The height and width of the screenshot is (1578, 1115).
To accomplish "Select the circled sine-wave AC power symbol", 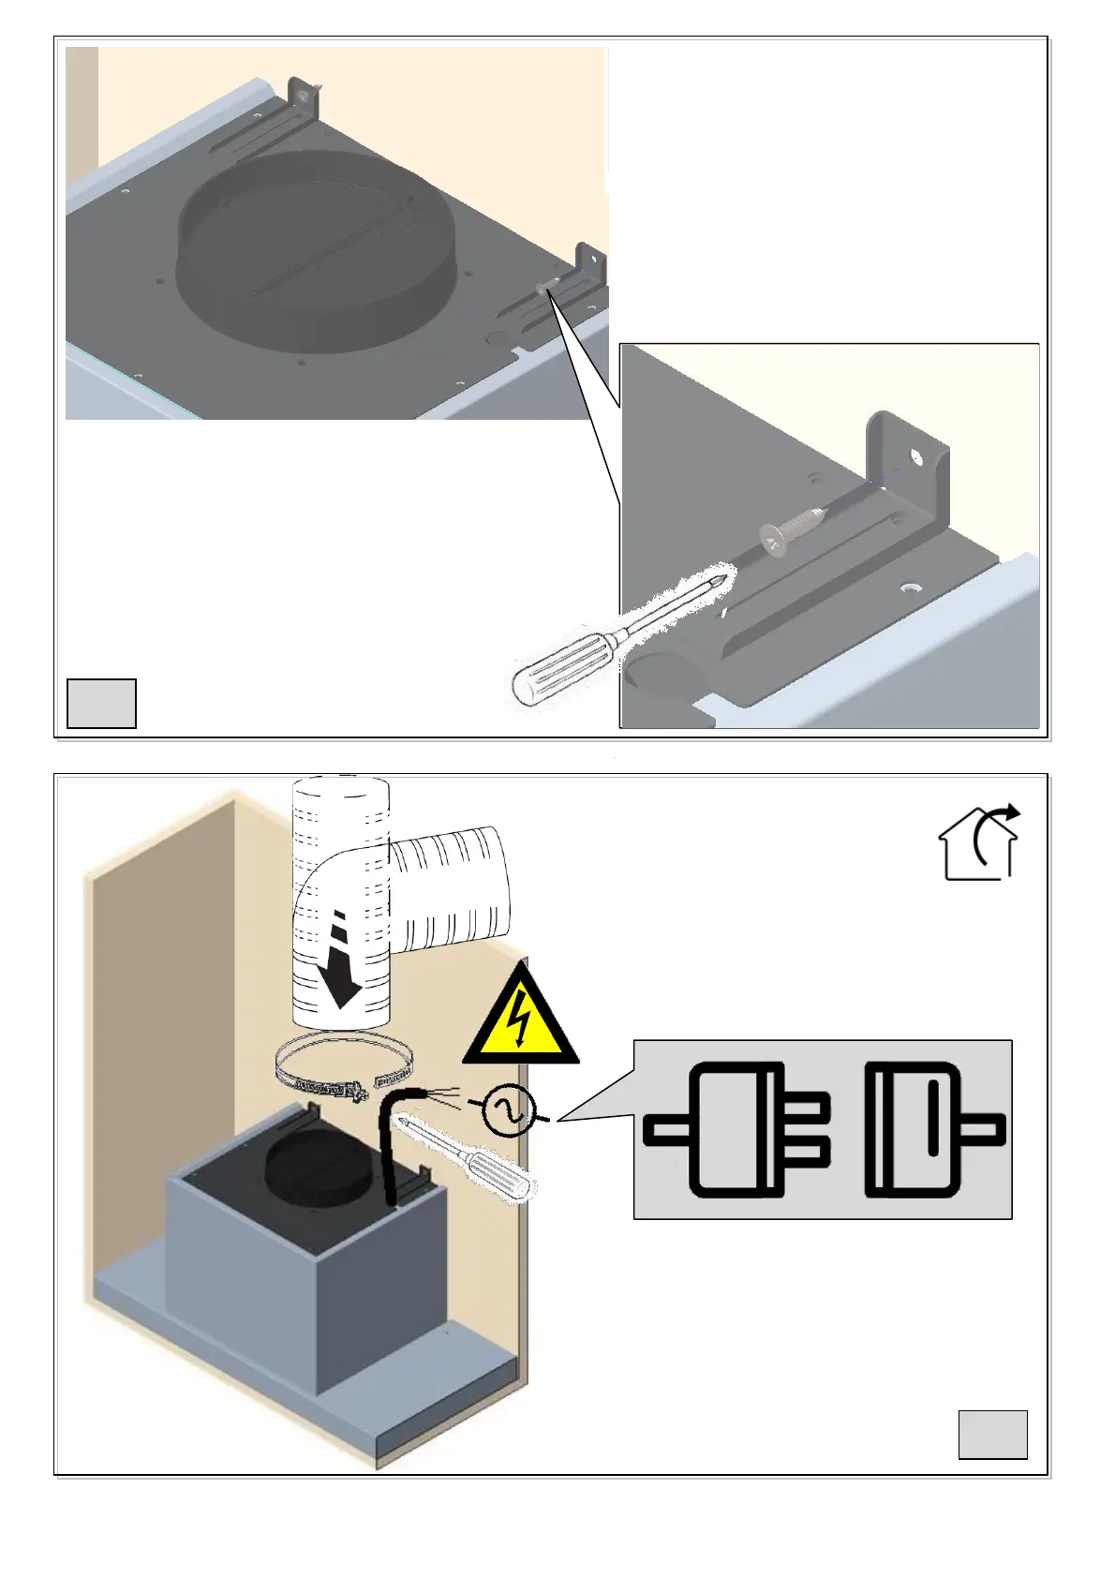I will click(509, 1111).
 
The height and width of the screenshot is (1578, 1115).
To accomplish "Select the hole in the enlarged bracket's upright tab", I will click(915, 459).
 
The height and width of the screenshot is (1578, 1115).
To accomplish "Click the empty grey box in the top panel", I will click(101, 703).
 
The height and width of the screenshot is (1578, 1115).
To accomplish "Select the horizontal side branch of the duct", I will click(450, 886).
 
